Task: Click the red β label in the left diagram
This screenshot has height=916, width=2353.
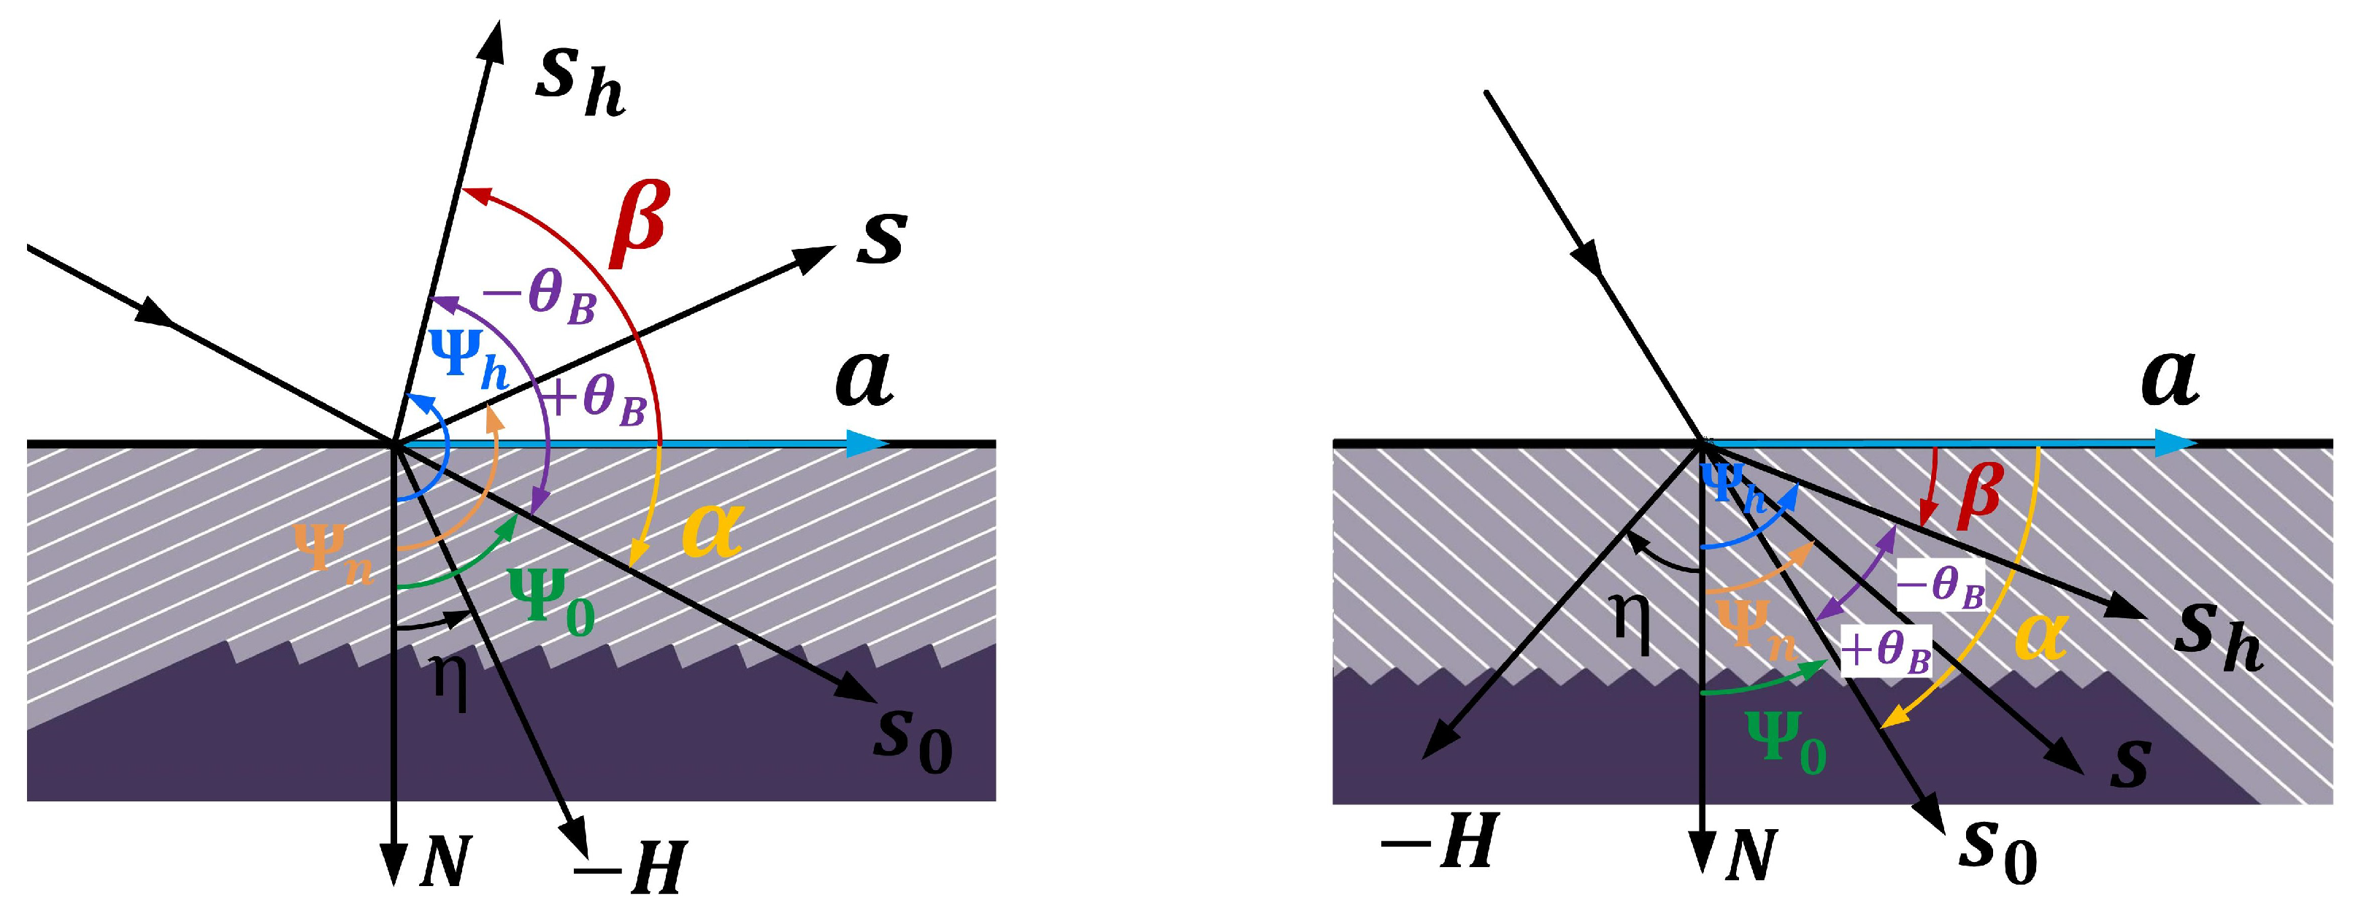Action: [x=640, y=224]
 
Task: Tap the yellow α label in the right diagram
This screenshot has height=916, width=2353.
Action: [x=2041, y=636]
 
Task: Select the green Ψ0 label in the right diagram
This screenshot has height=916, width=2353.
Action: [x=1786, y=742]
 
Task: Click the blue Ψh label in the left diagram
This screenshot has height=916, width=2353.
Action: [x=469, y=360]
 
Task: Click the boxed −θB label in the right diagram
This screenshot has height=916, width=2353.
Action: [x=1941, y=585]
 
